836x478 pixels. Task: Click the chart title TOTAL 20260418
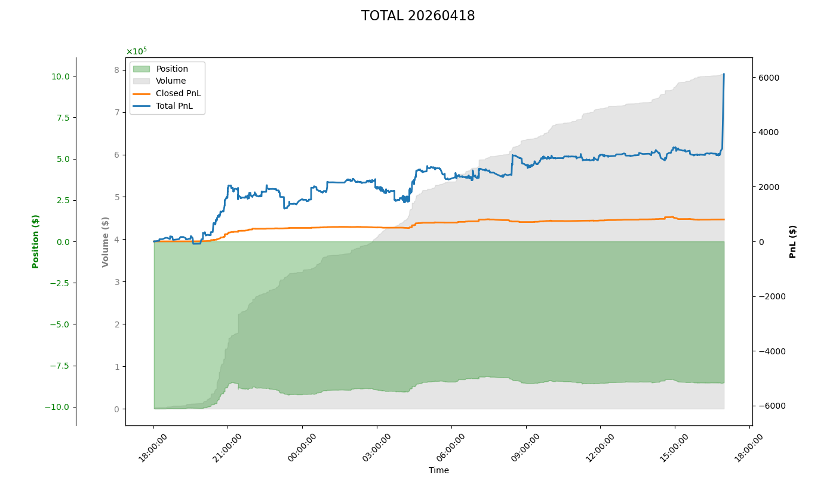pyautogui.click(x=418, y=16)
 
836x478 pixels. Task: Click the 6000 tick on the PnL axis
pyautogui.click(x=768, y=78)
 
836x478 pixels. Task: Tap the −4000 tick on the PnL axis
pyautogui.click(x=770, y=351)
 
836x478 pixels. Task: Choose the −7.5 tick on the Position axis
pyautogui.click(x=61, y=366)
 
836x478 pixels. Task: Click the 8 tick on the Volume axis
pyautogui.click(x=116, y=70)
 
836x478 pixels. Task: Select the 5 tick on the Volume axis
pyautogui.click(x=116, y=197)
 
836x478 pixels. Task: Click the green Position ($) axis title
pyautogui.click(x=36, y=241)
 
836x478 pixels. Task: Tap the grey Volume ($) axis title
pyautogui.click(x=106, y=241)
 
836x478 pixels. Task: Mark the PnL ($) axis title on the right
pyautogui.click(x=793, y=241)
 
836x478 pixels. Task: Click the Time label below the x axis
pyautogui.click(x=438, y=470)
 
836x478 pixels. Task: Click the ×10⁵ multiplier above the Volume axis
pyautogui.click(x=136, y=51)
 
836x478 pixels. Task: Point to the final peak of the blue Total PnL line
pyautogui.click(x=724, y=74)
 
